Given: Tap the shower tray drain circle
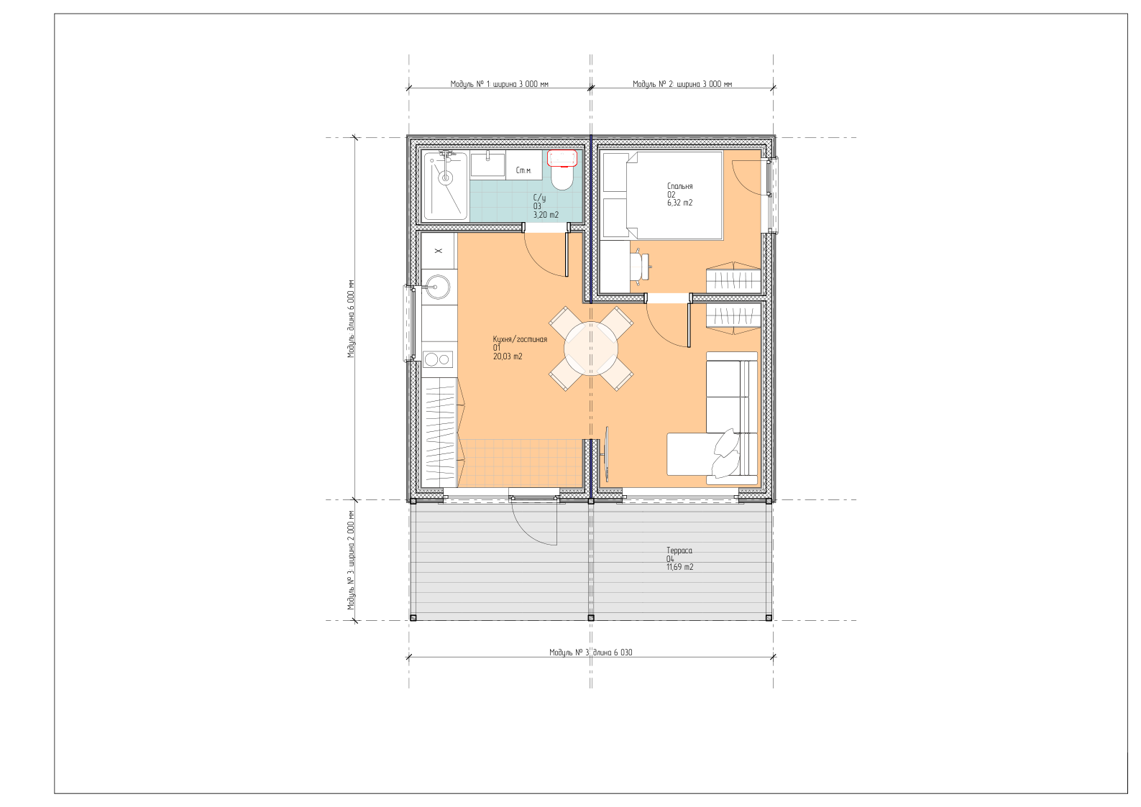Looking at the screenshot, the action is click(x=446, y=177).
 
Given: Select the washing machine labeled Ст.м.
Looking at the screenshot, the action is click(x=523, y=165).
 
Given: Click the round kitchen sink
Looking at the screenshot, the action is click(x=438, y=287).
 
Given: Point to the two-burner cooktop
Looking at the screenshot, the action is click(x=438, y=359).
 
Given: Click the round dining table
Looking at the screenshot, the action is click(x=591, y=349).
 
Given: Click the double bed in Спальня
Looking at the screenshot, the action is click(x=662, y=195).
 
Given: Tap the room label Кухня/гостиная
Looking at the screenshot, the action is click(x=520, y=339).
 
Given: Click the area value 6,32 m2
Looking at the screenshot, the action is click(x=679, y=203).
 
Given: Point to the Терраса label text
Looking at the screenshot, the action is click(x=679, y=550).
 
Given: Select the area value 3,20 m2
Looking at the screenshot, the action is click(x=546, y=215).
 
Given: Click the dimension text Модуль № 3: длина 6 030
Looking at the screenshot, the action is click(x=590, y=652).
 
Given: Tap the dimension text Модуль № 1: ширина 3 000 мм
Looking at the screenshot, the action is click(x=499, y=84).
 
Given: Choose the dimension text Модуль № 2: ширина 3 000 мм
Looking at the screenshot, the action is click(x=682, y=84).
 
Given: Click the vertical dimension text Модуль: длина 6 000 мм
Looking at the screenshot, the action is click(x=351, y=319).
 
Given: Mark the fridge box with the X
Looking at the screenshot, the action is click(x=438, y=251).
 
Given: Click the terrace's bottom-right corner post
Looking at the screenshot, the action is click(x=769, y=618).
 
